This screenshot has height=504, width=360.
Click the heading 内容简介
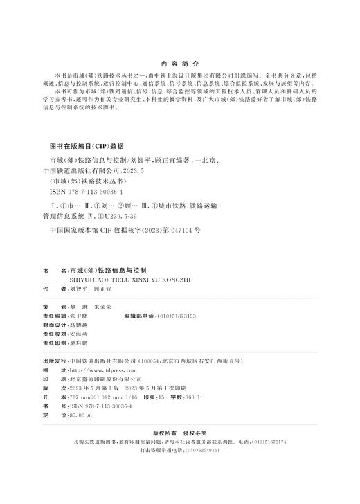click(179, 62)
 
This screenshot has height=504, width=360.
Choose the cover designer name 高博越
click(80, 324)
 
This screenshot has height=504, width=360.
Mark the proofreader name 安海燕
click(80, 333)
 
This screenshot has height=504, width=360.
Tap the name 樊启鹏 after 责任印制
click(80, 343)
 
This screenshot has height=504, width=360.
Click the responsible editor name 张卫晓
click(80, 315)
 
